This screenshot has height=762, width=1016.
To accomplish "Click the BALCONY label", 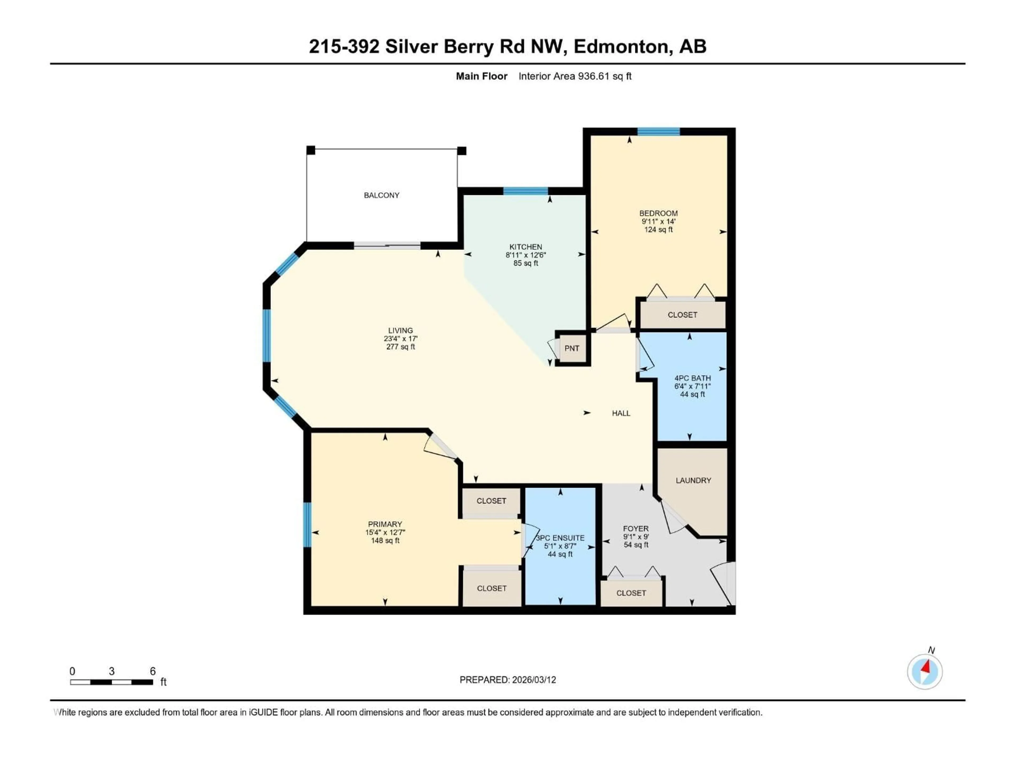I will coord(381,195).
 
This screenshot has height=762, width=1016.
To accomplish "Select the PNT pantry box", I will coord(572,348).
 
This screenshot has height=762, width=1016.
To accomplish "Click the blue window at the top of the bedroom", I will coord(658,132).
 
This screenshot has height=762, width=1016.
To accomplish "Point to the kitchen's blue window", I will coord(525,191).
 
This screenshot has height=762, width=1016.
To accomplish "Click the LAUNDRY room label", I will coord(693,480).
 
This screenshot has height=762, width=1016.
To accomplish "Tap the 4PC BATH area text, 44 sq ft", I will coord(692,394).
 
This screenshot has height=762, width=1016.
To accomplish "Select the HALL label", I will coord(620,413).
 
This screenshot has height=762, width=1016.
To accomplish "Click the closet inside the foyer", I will coord(631,593).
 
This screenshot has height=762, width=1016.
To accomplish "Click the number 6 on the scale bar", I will coord(153,671).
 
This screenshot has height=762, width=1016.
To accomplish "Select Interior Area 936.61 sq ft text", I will coord(575,76).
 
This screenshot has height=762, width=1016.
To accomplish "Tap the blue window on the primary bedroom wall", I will coord(307,525).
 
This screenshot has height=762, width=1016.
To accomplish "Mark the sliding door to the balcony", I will coord(387,246).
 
